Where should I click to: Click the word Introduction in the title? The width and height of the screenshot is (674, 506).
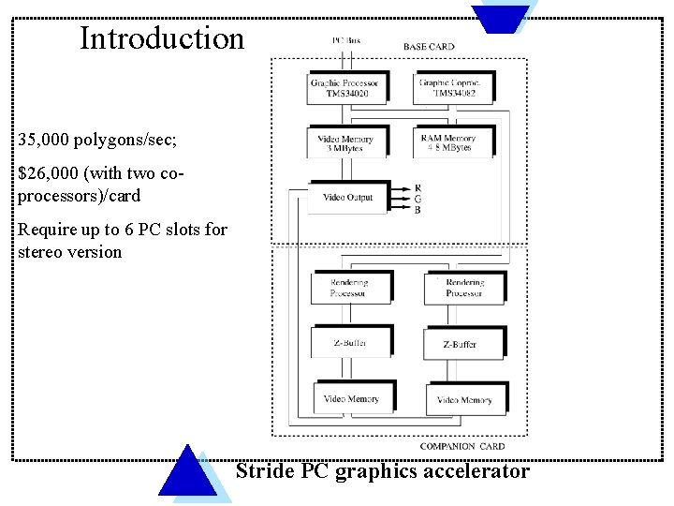coord(161,39)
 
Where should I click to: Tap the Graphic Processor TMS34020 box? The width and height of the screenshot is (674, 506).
coord(345,88)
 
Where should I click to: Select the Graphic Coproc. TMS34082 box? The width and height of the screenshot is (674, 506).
coord(453,88)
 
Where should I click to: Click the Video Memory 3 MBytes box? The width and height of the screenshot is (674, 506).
coord(345,143)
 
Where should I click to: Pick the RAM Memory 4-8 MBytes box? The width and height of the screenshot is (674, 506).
coord(453,143)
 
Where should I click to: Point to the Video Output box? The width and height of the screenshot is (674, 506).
coord(347,198)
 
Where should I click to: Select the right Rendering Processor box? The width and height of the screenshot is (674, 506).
coord(464,289)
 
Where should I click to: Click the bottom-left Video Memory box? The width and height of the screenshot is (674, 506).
coord(351,399)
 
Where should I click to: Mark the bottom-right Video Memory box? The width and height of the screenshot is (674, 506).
coord(465,400)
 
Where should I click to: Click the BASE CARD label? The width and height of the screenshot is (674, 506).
coord(429,47)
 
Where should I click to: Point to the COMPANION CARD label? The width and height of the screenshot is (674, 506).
coord(462,447)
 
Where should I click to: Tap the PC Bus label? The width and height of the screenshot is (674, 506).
coord(345,40)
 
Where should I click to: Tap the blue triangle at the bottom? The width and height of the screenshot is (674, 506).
coord(188,473)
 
